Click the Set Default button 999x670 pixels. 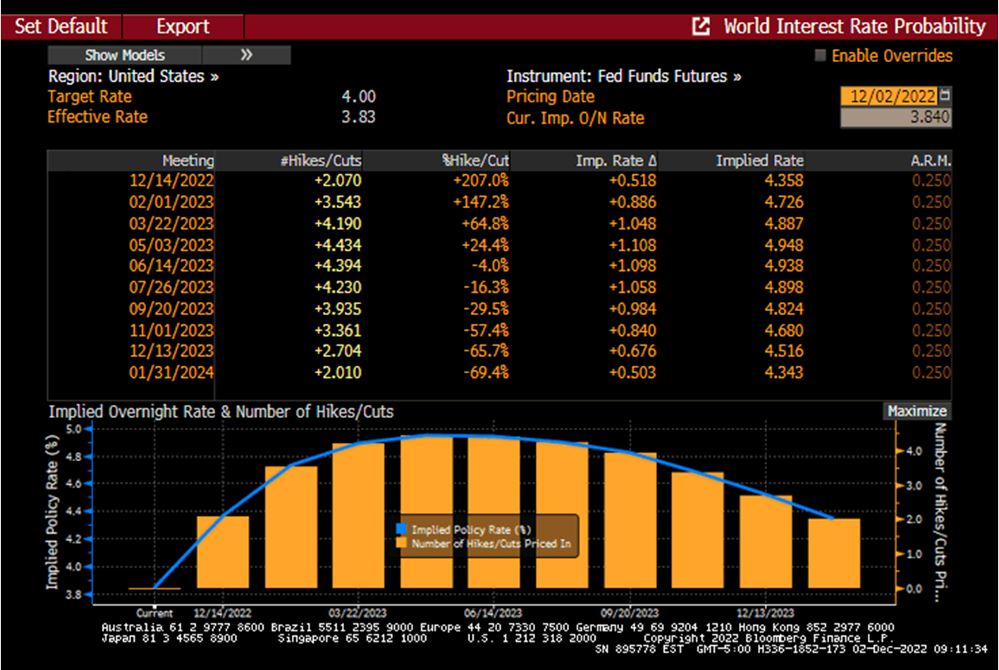click(x=61, y=26)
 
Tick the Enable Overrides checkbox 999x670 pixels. click(x=820, y=56)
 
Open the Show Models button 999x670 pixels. click(x=124, y=55)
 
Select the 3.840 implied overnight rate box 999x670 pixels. click(x=895, y=117)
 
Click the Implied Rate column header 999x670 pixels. click(x=759, y=160)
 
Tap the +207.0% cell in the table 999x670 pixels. click(x=481, y=181)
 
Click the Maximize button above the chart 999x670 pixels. click(x=917, y=411)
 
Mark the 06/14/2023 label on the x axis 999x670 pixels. click(x=493, y=612)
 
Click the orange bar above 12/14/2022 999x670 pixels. click(x=222, y=552)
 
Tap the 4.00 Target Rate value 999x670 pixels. click(x=359, y=97)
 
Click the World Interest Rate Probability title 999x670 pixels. click(x=854, y=26)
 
